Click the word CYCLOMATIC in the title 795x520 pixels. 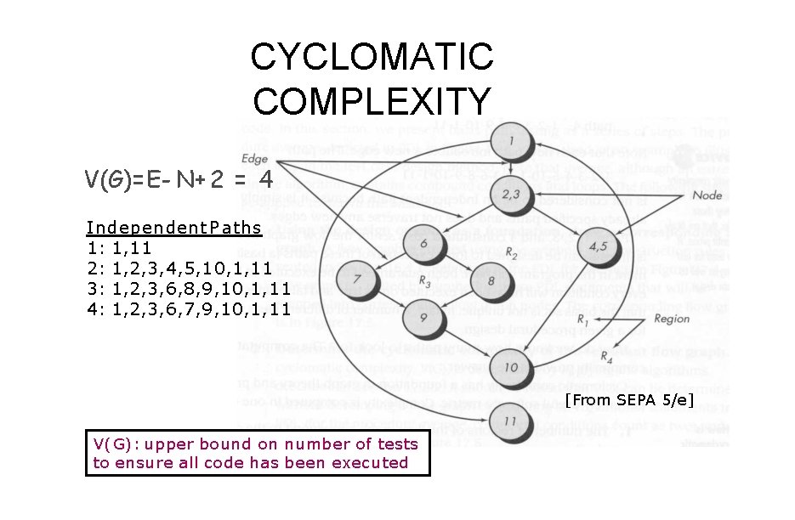point(372,58)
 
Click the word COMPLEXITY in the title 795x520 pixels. point(372,100)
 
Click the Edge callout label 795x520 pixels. point(254,159)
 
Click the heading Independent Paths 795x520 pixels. point(162,228)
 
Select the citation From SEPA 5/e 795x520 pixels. point(630,399)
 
